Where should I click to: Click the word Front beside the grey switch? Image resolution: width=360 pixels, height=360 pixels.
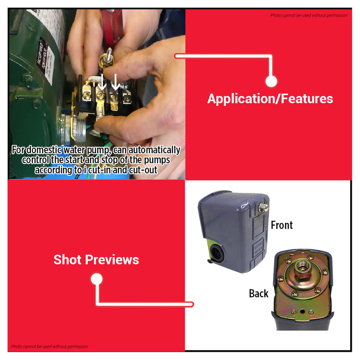tap(281, 225)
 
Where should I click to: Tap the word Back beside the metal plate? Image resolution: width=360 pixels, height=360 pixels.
tap(259, 293)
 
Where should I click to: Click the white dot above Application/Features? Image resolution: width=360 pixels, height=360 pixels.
tap(271, 81)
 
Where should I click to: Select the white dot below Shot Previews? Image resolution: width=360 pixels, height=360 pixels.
tap(97, 279)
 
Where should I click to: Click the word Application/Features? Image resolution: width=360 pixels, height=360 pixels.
tap(270, 99)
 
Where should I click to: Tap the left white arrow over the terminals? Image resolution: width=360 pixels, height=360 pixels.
tap(102, 80)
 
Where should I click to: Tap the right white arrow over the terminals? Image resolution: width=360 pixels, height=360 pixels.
tap(116, 80)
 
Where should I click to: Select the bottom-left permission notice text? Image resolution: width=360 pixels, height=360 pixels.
tap(50, 347)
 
